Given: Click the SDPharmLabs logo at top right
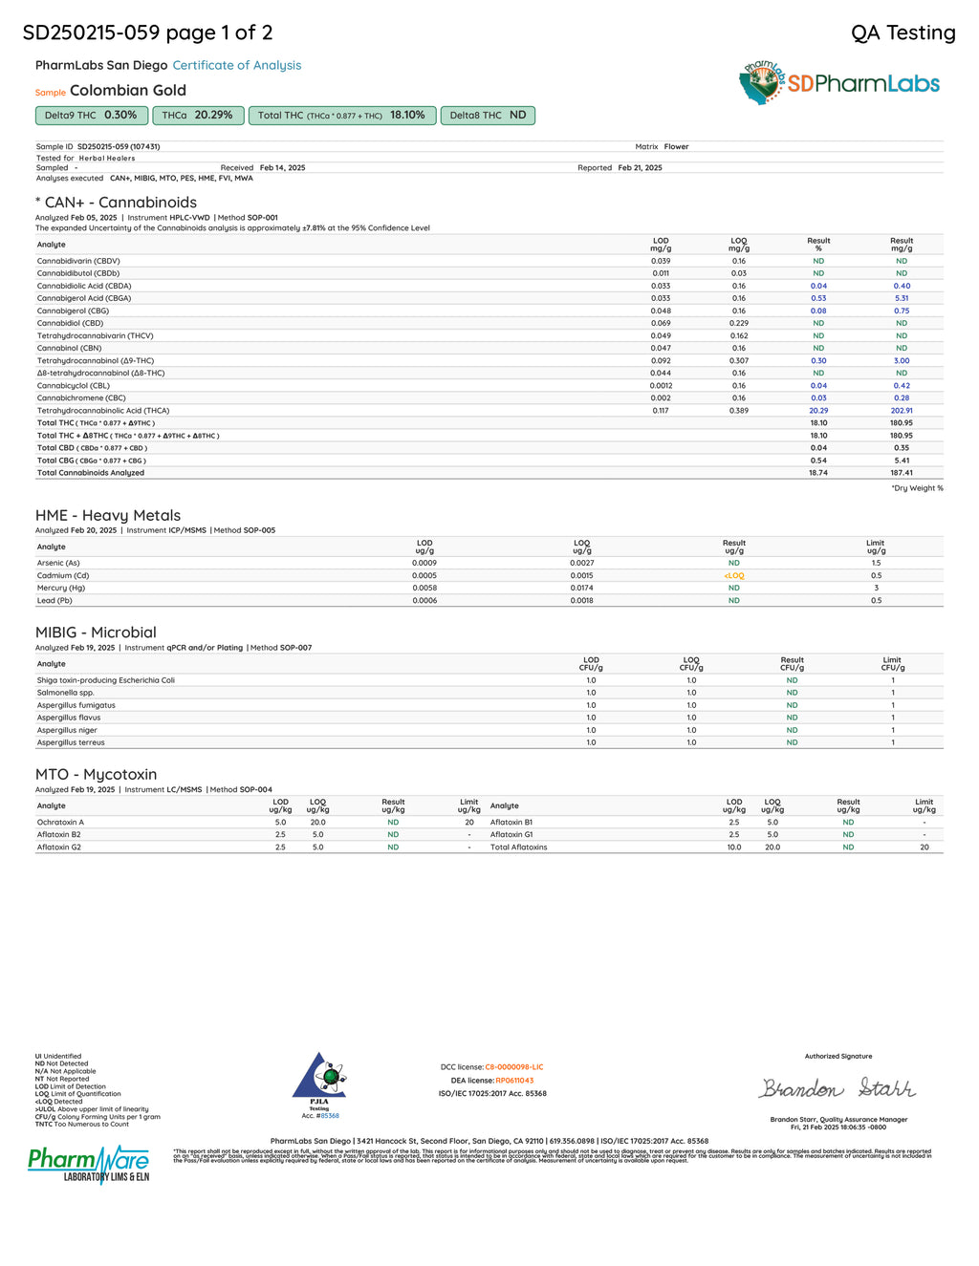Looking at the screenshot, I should point(839,83).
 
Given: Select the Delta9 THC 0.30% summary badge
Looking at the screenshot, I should point(91,116).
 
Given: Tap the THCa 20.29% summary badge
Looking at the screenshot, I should point(198,116).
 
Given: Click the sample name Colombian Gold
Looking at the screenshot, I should point(128,91).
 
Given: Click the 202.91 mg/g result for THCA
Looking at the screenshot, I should point(901,411).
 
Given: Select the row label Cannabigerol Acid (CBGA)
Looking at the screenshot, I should point(84,298).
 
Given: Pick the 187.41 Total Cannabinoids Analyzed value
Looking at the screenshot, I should point(901,473).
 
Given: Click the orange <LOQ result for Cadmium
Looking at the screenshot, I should point(733,576).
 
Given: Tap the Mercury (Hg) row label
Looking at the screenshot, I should point(61,589).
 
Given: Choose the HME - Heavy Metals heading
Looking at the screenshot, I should point(108,516).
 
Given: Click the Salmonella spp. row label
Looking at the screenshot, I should point(66,693).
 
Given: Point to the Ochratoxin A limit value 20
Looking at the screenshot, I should point(469,823).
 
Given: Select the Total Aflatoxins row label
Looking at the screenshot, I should point(519,848).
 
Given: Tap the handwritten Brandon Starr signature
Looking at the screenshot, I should point(838,1088).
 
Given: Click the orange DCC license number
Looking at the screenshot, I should point(513,1067).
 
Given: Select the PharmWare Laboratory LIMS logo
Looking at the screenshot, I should point(89,1164).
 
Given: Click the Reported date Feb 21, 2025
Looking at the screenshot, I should point(640,168).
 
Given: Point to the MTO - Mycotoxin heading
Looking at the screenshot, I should point(96,775).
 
